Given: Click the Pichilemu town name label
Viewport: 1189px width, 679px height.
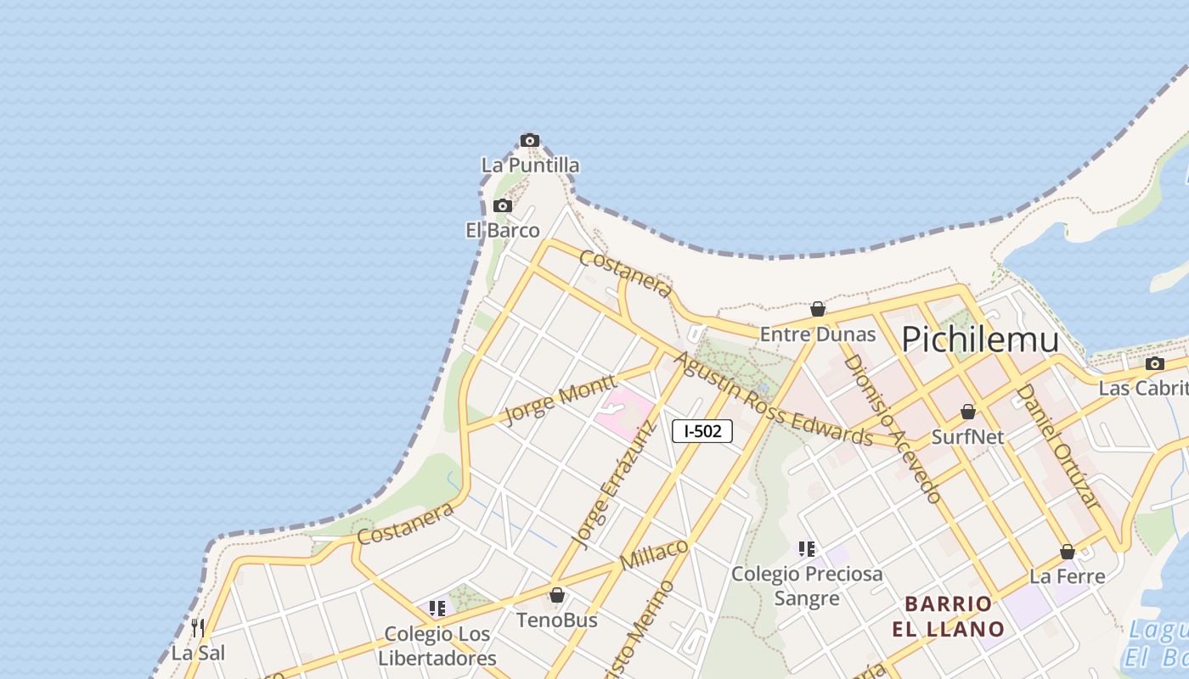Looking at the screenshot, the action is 980,339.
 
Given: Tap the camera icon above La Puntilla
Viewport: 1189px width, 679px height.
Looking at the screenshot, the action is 530,141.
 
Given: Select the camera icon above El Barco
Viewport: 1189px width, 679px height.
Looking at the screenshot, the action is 503,206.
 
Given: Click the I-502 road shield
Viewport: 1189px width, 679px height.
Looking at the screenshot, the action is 702,431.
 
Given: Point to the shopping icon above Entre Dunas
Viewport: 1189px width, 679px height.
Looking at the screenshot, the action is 818,310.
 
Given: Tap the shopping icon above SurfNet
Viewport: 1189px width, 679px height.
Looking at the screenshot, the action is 968,412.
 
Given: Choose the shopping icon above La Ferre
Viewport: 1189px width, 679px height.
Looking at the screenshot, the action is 1068,553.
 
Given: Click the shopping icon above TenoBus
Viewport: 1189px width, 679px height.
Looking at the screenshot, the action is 557,596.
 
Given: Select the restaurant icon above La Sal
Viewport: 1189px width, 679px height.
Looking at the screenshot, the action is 198,628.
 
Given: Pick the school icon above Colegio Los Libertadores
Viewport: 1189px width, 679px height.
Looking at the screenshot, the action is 437,609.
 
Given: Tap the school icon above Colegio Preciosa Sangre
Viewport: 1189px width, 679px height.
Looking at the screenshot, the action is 807,549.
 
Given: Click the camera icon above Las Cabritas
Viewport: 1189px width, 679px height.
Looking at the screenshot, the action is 1155,364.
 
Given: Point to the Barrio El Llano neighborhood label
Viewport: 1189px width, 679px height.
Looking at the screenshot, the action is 949,617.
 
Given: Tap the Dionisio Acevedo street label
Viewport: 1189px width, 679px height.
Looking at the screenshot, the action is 892,429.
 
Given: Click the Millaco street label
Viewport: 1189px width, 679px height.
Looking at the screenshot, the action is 655,554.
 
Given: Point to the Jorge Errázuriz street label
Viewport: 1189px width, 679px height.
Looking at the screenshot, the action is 615,484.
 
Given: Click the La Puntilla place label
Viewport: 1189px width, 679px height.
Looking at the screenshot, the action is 531,166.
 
